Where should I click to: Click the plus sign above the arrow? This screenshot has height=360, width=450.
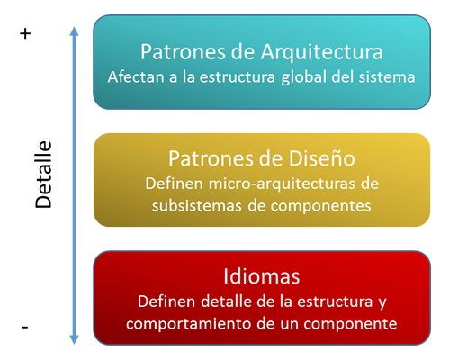25,33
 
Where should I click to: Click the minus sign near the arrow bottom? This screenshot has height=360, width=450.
25,327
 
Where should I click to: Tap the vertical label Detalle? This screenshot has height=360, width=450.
44,175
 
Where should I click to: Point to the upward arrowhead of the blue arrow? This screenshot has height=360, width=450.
74,31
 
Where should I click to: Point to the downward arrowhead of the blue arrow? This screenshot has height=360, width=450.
74,339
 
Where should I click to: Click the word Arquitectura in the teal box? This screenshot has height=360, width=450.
321,52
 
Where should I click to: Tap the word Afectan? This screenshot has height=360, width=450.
136,77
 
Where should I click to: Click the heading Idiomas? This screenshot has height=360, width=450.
262,276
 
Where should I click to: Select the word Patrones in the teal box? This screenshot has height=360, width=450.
183,52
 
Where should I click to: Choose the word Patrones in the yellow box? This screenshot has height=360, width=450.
211,158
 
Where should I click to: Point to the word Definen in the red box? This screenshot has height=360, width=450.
166,301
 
